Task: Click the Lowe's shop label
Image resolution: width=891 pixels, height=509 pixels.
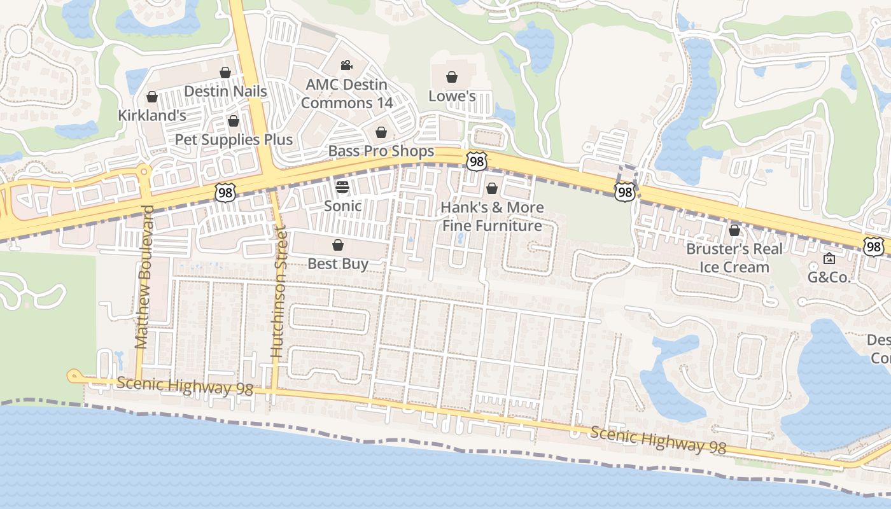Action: [452, 96]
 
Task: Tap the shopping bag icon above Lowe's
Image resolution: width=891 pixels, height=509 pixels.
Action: [452, 78]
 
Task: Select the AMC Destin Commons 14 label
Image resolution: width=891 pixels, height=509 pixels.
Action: [347, 94]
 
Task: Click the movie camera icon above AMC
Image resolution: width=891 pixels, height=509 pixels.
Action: [346, 66]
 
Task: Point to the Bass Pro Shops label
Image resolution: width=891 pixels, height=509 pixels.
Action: [381, 151]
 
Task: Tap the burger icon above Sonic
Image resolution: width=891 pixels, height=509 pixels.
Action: [342, 187]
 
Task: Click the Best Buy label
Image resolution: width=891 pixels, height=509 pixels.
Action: [338, 263]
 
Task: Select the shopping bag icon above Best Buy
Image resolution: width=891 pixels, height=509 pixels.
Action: [338, 245]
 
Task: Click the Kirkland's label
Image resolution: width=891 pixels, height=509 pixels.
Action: [152, 115]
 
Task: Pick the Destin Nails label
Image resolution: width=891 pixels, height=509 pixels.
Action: [225, 91]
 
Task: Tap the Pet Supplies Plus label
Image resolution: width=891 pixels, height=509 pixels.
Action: [234, 139]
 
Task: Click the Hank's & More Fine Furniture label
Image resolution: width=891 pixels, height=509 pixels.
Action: [492, 216]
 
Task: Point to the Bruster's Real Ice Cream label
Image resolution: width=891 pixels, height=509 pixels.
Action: [734, 258]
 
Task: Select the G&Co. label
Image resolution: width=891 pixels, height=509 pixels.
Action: [829, 277]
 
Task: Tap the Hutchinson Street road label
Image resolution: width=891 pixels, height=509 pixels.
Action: [278, 291]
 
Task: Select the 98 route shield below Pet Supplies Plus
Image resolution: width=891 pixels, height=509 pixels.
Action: [225, 193]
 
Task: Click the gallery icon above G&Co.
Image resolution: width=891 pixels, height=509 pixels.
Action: [829, 258]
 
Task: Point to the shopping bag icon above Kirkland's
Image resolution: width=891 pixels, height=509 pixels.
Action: [152, 97]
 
